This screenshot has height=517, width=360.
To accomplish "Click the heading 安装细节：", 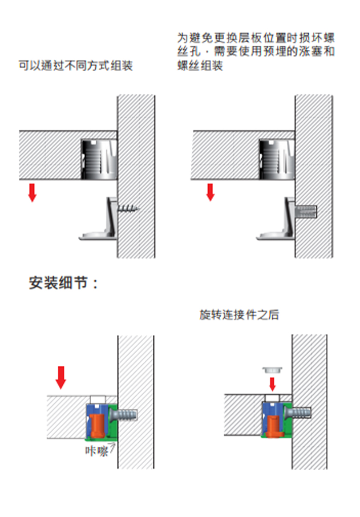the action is click(63, 283).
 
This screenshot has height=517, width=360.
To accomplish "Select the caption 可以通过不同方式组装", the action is click(75, 66).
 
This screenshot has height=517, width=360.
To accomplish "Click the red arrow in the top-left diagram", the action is click(32, 192).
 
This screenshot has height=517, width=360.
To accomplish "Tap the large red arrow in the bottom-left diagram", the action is click(61, 377).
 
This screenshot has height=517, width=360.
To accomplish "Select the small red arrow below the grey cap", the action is click(272, 383).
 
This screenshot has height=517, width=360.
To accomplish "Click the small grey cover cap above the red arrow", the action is click(272, 369).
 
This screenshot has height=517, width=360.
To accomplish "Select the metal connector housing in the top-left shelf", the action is click(99, 159).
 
